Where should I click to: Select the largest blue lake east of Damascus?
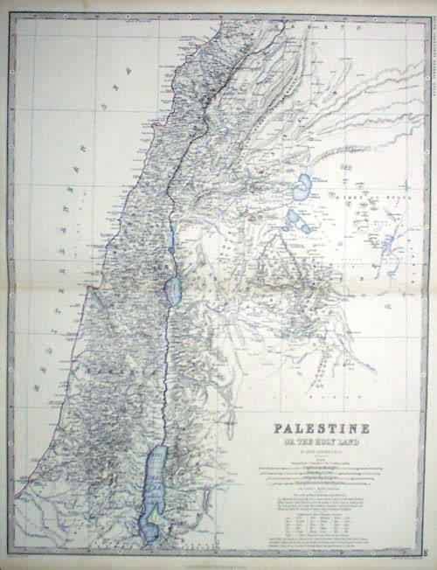[x=303, y=186]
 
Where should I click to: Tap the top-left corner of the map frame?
[x=16, y=15]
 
